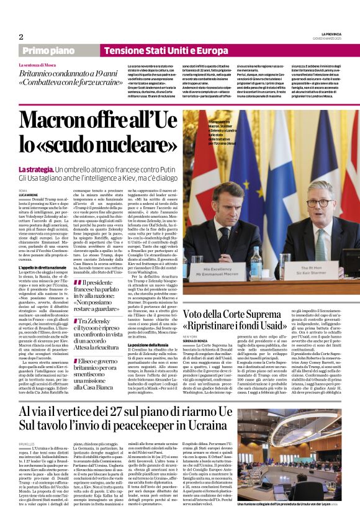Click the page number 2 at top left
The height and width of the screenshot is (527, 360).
pos(21,37)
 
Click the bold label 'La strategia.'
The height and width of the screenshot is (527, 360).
pos(35,169)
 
